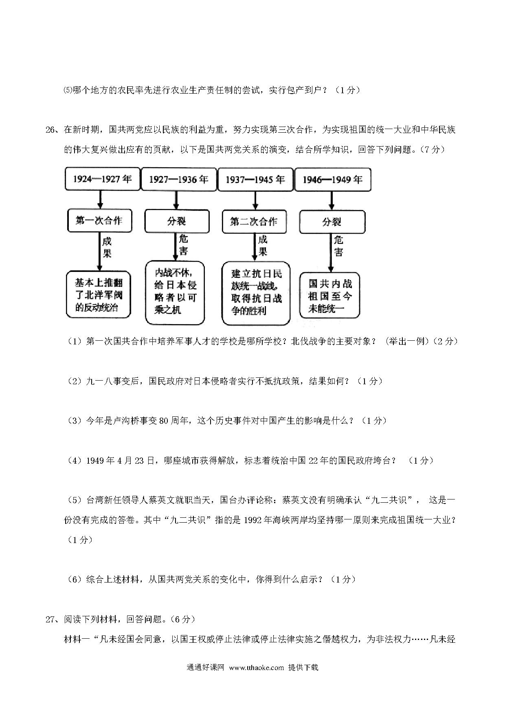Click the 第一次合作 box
(x=99, y=221)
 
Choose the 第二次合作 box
(x=254, y=221)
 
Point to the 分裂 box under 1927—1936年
(x=177, y=221)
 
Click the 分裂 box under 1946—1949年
(x=332, y=222)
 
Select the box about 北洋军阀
(x=99, y=294)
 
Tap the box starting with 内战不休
(x=175, y=293)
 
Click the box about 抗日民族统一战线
(x=256, y=293)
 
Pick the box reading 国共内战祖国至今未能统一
(x=330, y=295)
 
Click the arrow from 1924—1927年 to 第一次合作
(x=100, y=199)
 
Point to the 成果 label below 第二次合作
(x=263, y=246)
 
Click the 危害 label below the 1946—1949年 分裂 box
(x=339, y=246)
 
